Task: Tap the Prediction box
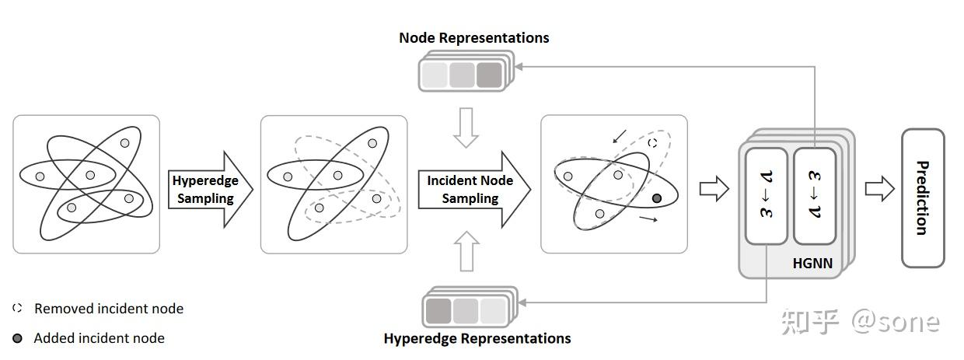(922, 198)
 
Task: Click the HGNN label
(812, 264)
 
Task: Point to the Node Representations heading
(473, 38)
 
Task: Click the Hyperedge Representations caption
(477, 338)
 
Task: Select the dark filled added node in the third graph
(657, 199)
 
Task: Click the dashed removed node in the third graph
(652, 143)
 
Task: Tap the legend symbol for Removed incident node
(17, 309)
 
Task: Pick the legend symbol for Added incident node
(17, 338)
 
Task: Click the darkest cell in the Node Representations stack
(489, 75)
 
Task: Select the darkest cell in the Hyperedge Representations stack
(438, 310)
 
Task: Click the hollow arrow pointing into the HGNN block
(714, 188)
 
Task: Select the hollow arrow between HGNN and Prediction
(879, 188)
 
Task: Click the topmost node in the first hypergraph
(124, 143)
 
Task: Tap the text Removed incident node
(109, 309)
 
